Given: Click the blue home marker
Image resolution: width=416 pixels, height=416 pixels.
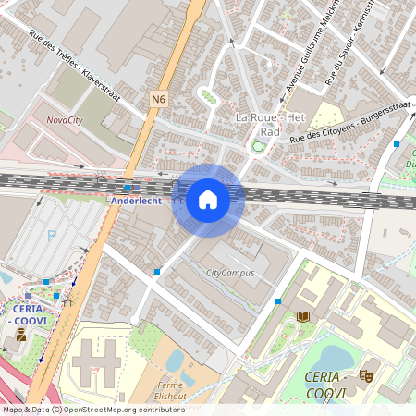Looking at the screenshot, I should click(208, 200).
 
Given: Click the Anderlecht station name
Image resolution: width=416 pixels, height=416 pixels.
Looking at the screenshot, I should click(136, 201).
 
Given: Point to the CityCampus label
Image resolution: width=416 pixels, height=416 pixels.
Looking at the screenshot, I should click(229, 273).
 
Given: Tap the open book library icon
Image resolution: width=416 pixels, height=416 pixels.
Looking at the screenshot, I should click(302, 316).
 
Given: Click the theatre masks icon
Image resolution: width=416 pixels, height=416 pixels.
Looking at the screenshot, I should click(366, 376).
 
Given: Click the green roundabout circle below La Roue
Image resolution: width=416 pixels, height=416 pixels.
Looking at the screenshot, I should click(257, 146).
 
